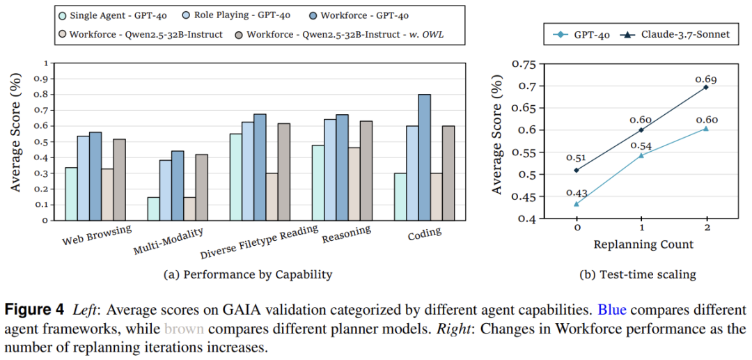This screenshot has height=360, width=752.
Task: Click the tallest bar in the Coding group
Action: point(425,157)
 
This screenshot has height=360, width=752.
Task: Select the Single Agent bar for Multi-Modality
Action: point(153,208)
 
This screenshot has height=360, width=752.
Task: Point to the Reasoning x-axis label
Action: point(346,236)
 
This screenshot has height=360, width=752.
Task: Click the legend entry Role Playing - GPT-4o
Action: point(219,15)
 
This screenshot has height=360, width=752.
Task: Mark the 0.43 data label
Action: point(577,192)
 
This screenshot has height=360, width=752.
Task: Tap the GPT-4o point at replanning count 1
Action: point(641,155)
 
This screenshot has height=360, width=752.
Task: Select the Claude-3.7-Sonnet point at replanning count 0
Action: point(577,170)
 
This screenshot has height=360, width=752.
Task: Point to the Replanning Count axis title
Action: point(643,244)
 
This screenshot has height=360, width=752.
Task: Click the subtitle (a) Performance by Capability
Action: point(247,274)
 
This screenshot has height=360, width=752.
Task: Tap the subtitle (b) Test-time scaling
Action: point(638,274)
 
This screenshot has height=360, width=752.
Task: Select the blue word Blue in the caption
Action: point(612,309)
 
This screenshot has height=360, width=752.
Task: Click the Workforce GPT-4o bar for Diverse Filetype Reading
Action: point(260,167)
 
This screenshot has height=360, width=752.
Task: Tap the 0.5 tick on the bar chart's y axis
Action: point(45,141)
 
